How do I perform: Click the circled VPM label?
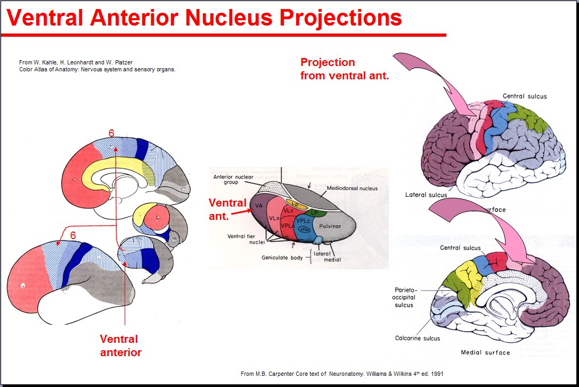pyautogui.click(x=304, y=229)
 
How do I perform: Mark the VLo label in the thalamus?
pyautogui.click(x=275, y=218)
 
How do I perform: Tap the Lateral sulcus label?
pyautogui.click(x=426, y=195)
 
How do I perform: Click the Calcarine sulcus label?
pyautogui.click(x=417, y=337)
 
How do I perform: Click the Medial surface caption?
pyautogui.click(x=485, y=352)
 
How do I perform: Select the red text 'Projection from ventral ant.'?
pyautogui.click(x=344, y=69)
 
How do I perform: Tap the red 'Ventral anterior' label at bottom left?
pyautogui.click(x=120, y=345)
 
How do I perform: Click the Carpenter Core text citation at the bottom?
pyautogui.click(x=341, y=374)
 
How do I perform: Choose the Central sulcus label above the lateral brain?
pyautogui.click(x=524, y=96)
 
